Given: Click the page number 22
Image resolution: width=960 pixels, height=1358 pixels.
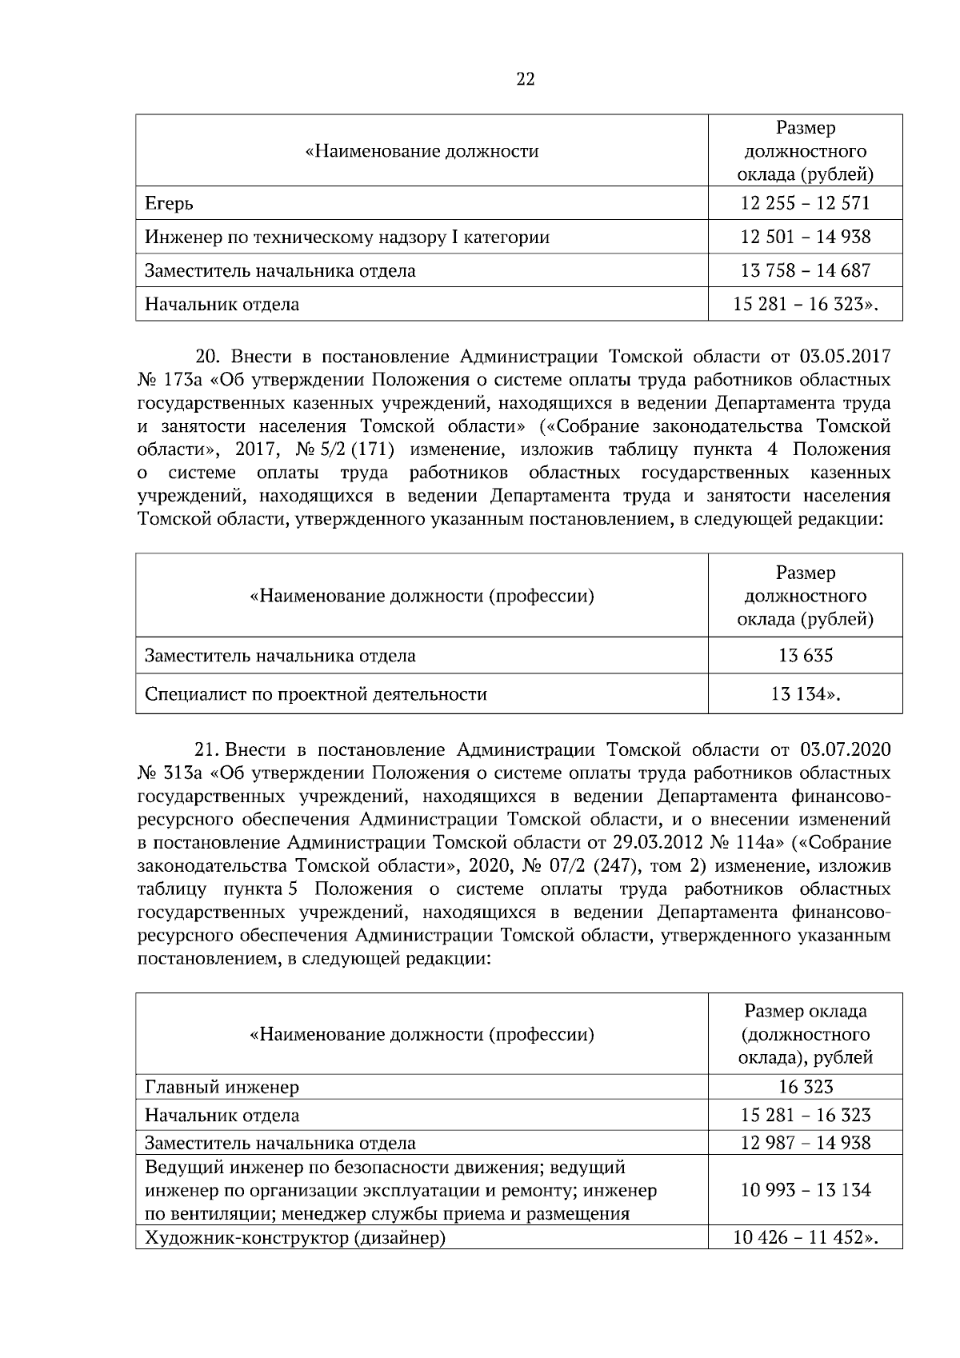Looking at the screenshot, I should point(526,79).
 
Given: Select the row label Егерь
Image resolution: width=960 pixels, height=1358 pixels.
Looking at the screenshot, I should point(169,204).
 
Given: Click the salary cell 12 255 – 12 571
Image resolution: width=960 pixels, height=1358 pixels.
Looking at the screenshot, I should point(805,203).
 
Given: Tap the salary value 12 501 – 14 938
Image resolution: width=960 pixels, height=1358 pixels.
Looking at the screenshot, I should point(805,237).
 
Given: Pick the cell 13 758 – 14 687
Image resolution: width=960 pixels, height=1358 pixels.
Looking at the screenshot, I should point(805,270).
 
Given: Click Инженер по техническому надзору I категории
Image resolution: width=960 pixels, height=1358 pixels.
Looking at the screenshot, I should point(346,238).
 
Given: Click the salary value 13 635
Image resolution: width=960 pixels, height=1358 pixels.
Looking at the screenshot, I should point(805,656).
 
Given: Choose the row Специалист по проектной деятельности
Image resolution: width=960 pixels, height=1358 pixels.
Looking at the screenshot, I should point(315,694).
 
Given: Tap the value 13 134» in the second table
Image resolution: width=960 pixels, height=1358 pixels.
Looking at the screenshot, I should point(805,694).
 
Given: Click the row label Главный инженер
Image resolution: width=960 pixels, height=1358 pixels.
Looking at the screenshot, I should point(222,1087).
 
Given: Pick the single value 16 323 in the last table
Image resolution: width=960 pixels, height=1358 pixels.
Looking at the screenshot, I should point(805,1087).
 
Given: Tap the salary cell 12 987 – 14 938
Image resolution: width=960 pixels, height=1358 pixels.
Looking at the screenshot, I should point(805,1143).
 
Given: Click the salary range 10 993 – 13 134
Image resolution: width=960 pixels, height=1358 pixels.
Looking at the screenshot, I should point(805,1190).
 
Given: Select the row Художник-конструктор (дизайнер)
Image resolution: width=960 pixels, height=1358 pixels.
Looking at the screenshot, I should point(294,1239).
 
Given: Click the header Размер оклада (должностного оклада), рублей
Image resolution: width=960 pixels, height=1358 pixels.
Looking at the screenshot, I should point(805,1035).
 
